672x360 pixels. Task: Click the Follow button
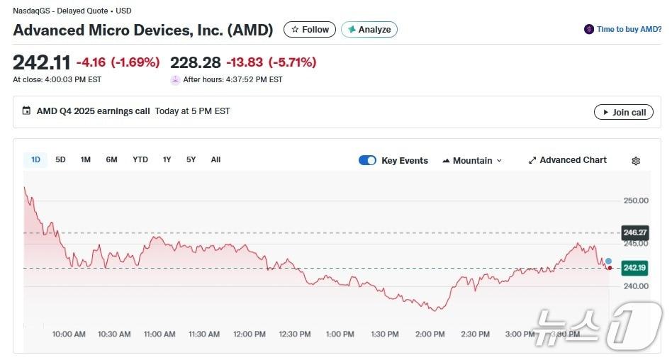point(310,30)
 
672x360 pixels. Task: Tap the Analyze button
point(369,30)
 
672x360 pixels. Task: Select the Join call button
point(623,112)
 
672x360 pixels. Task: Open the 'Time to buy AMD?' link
point(623,29)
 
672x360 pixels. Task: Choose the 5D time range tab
point(60,159)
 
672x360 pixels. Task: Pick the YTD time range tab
point(140,159)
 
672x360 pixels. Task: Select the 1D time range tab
point(35,159)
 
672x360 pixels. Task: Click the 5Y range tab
point(191,159)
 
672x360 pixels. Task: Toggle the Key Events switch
point(367,160)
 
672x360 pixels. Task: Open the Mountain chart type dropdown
point(472,160)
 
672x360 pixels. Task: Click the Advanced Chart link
point(567,160)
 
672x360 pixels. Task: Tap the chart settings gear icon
point(636,161)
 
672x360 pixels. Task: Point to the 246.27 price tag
point(634,232)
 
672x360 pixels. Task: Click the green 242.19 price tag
point(634,268)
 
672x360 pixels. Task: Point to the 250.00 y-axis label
point(636,201)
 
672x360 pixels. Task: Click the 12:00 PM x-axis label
point(250,334)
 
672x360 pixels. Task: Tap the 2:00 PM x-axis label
point(430,334)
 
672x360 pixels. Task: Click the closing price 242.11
point(41,62)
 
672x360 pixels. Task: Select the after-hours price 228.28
point(195,62)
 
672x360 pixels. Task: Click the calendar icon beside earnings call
point(26,111)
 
